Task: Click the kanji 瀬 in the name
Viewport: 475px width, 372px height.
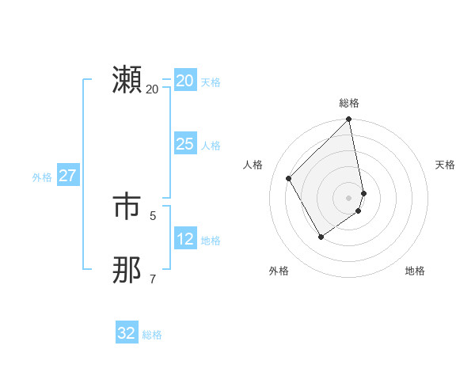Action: (127, 81)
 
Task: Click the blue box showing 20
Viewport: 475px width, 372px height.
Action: (184, 81)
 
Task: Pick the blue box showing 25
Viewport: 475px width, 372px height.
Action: (184, 144)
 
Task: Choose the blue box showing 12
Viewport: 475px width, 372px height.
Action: (184, 239)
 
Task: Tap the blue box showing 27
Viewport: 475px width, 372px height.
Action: (68, 176)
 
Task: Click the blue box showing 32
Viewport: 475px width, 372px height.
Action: (127, 333)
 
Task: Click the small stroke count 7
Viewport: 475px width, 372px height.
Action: (153, 279)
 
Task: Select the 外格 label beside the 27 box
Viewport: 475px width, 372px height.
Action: (42, 177)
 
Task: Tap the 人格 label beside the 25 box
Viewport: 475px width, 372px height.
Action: (211, 146)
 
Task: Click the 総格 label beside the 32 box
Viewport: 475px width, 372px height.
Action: (152, 335)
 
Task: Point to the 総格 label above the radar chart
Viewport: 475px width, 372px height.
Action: (349, 103)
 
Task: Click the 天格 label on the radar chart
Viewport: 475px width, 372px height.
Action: (445, 165)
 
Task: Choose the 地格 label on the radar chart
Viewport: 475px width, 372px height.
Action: (415, 271)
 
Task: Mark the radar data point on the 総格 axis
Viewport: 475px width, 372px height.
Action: (349, 120)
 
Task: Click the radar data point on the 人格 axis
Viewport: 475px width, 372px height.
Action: (289, 178)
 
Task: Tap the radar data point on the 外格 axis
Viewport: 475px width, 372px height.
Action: (321, 237)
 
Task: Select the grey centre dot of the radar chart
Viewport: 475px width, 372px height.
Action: (349, 197)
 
